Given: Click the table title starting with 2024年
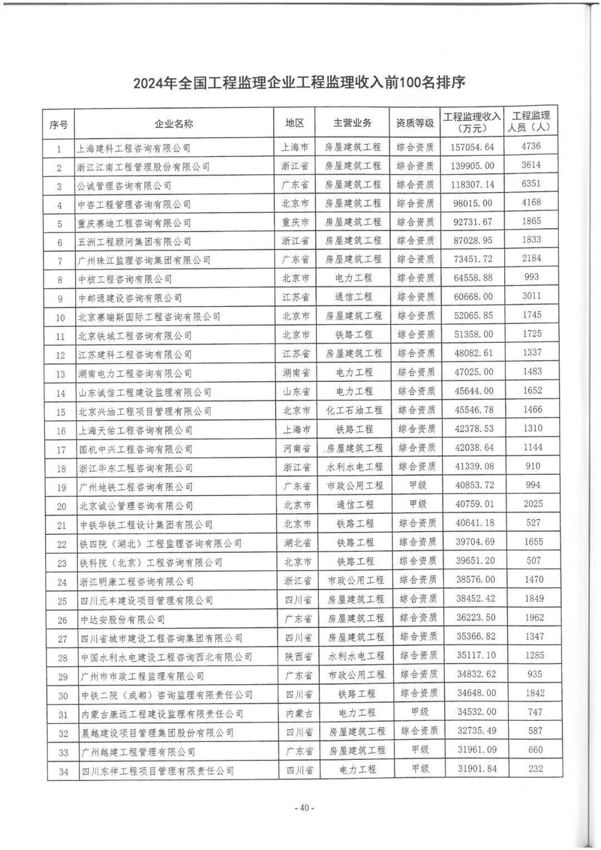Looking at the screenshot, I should coord(299,83).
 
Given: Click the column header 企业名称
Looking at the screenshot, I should coord(174,124).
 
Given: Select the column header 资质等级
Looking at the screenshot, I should coord(415,122).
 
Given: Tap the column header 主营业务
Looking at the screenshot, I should coord(352,122).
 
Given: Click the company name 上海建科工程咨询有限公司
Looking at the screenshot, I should coord(134,148).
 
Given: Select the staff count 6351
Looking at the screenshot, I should coord(531,184).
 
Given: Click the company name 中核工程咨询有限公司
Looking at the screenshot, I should coord(125,279).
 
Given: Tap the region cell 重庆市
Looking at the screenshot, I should coord(295,222).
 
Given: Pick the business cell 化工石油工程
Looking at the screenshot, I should coord(354,410).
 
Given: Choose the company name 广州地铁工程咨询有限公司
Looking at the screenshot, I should coord(136,487).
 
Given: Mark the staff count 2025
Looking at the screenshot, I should coord(533,504).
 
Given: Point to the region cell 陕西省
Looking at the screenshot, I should coord(298,656).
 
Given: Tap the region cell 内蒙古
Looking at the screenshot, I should coord(298,713).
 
